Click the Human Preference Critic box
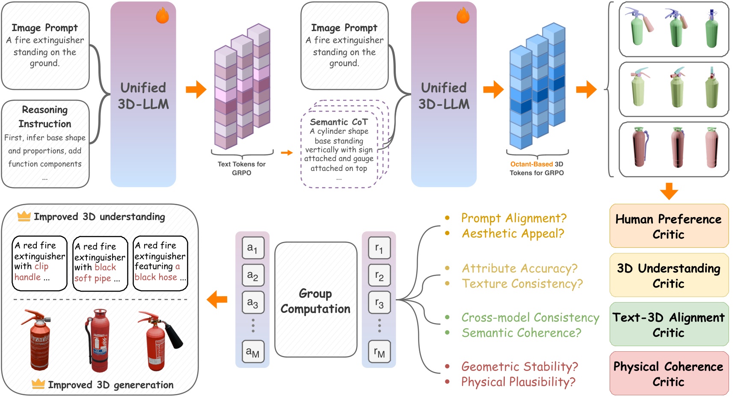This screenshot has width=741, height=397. click(x=669, y=226)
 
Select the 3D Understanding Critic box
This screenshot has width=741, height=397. click(x=669, y=275)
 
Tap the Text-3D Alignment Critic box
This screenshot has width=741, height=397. click(x=669, y=324)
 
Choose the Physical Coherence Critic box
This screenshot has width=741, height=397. click(x=669, y=373)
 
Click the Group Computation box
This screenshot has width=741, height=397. click(x=316, y=300)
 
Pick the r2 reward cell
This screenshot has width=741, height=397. click(x=379, y=276)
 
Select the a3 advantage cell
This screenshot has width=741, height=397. click(x=253, y=303)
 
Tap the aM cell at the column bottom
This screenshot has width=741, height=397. click(x=253, y=352)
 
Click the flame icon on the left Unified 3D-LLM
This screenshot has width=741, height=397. click(x=162, y=16)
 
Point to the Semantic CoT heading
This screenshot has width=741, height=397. click(x=338, y=122)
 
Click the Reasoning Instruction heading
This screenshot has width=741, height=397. click(x=45, y=117)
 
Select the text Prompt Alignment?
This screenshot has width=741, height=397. click(x=513, y=218)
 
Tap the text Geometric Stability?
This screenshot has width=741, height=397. click(x=519, y=367)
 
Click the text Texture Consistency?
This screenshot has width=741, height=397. click(x=522, y=284)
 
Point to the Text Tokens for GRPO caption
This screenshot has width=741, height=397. click(x=242, y=168)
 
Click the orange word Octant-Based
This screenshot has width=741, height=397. click(x=531, y=164)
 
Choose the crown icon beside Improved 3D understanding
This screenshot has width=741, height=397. click(x=24, y=216)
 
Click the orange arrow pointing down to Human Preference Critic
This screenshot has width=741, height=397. click(x=669, y=191)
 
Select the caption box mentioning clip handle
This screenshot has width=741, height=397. click(x=39, y=263)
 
